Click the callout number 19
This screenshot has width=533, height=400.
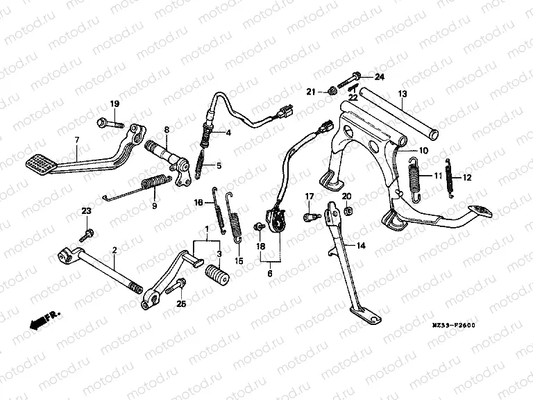115,104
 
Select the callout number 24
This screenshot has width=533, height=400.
379,76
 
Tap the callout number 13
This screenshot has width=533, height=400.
402,93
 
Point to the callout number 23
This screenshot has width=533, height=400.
86,211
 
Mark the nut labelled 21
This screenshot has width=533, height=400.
331,90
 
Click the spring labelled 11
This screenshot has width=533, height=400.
415,176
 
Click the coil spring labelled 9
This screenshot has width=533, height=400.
154,184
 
